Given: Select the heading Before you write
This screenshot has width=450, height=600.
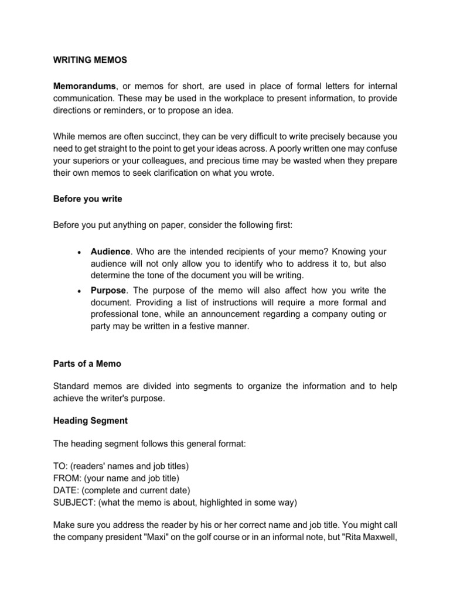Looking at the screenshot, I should (x=88, y=199).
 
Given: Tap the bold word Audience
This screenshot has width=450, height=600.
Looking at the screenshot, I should (x=110, y=251).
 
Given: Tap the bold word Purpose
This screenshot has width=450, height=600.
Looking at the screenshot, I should (x=108, y=291).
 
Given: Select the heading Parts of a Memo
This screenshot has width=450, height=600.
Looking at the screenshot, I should (x=87, y=364).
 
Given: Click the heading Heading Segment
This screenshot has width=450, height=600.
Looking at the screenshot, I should (x=90, y=421).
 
